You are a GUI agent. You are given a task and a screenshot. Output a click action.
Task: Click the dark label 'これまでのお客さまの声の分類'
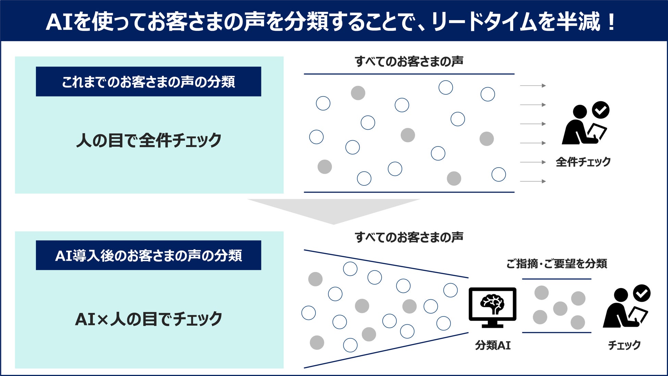click(x=148, y=82)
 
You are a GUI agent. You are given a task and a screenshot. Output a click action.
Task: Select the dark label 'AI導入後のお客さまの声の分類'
click(x=148, y=256)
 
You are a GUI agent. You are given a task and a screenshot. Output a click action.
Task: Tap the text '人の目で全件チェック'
click(x=149, y=140)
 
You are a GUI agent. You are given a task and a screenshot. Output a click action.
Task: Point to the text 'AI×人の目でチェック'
click(x=149, y=319)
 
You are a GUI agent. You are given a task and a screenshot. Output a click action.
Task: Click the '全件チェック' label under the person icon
click(x=583, y=162)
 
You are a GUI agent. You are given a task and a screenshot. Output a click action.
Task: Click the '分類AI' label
click(x=493, y=345)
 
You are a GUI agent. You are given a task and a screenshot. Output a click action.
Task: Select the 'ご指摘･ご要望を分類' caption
click(x=557, y=264)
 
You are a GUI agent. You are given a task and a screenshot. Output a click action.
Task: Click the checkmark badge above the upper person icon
click(x=601, y=110)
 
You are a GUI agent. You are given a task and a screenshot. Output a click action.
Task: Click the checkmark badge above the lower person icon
click(x=642, y=293)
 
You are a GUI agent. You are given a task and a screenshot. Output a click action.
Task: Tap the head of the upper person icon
click(x=580, y=112)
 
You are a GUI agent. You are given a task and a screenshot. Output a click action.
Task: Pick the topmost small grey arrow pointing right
click(x=533, y=86)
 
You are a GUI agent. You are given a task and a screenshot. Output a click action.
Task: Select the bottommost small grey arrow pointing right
click(x=533, y=181)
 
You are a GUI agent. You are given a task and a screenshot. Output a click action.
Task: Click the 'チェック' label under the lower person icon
click(x=624, y=345)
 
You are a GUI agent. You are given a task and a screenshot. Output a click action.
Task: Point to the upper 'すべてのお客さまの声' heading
click(x=409, y=62)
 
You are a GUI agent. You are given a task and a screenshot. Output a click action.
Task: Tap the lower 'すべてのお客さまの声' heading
click(x=409, y=237)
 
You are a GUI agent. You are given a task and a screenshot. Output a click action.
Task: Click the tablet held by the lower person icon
click(x=638, y=315)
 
